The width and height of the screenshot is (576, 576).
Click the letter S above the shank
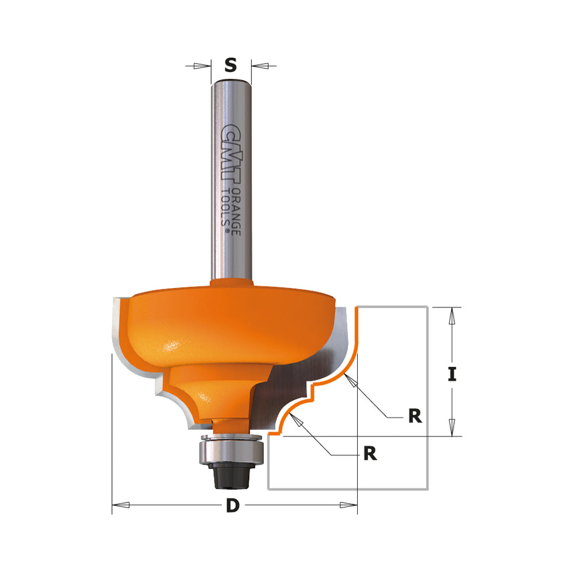click(230, 65)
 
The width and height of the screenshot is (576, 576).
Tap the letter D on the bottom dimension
click(232, 506)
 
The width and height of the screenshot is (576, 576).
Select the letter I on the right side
click(451, 375)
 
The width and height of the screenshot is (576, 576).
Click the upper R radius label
click(415, 416)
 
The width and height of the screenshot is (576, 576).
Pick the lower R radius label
click(370, 453)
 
